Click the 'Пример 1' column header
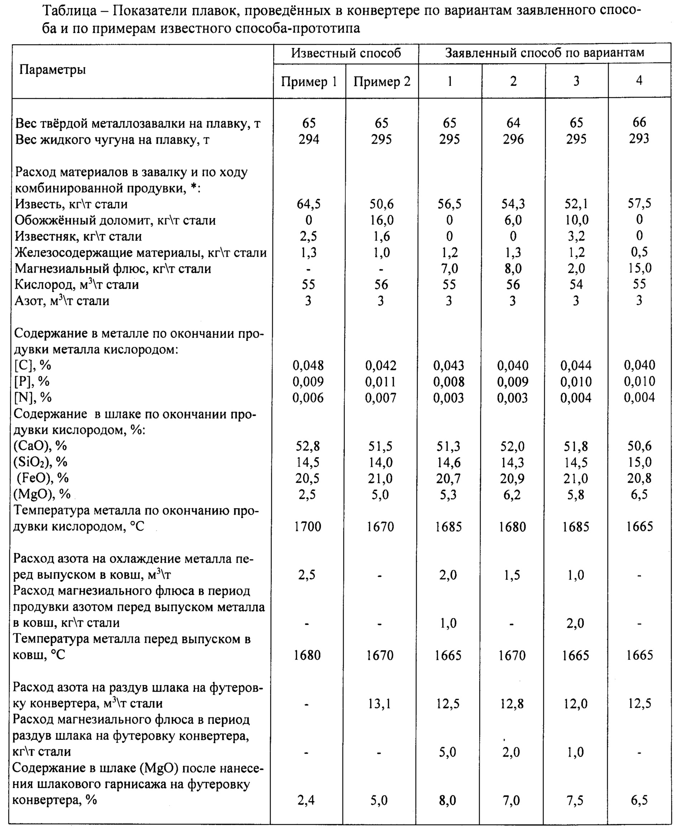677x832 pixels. [309, 82]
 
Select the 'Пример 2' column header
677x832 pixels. [382, 82]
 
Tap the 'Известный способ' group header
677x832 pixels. [345, 53]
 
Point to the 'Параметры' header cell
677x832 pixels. [53, 70]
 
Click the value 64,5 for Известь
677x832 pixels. [309, 204]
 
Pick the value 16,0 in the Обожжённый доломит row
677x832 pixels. [381, 220]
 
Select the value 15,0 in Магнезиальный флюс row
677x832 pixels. [639, 268]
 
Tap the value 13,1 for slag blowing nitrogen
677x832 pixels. [380, 703]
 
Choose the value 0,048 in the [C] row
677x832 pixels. [308, 366]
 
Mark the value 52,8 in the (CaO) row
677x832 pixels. [308, 446]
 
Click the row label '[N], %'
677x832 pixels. [33, 398]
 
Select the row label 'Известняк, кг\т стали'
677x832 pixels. [78, 236]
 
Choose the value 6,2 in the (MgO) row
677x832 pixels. [512, 495]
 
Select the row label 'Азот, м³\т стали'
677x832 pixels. [62, 301]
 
